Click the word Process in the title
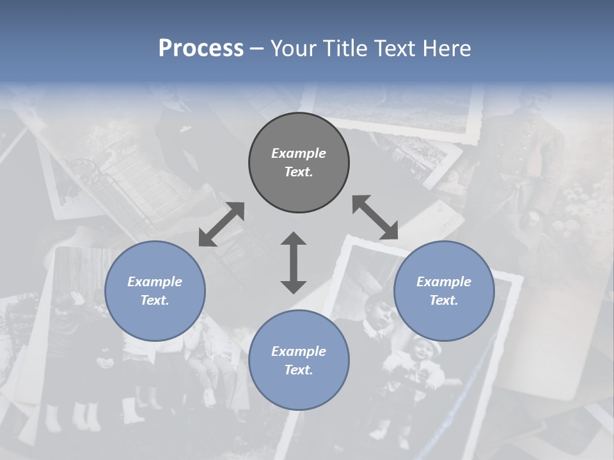pos(201,49)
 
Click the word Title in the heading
pos(344,49)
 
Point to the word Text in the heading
pos(395,49)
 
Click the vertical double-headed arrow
pos(294,263)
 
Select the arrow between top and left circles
pos(221,224)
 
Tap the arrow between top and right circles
pos(375,217)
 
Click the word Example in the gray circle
pos(299,153)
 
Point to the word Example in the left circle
pos(155,282)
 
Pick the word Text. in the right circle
pos(444,300)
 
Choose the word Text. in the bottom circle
pos(299,370)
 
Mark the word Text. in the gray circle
pos(299,172)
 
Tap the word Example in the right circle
pos(444,282)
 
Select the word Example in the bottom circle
pos(299,351)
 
